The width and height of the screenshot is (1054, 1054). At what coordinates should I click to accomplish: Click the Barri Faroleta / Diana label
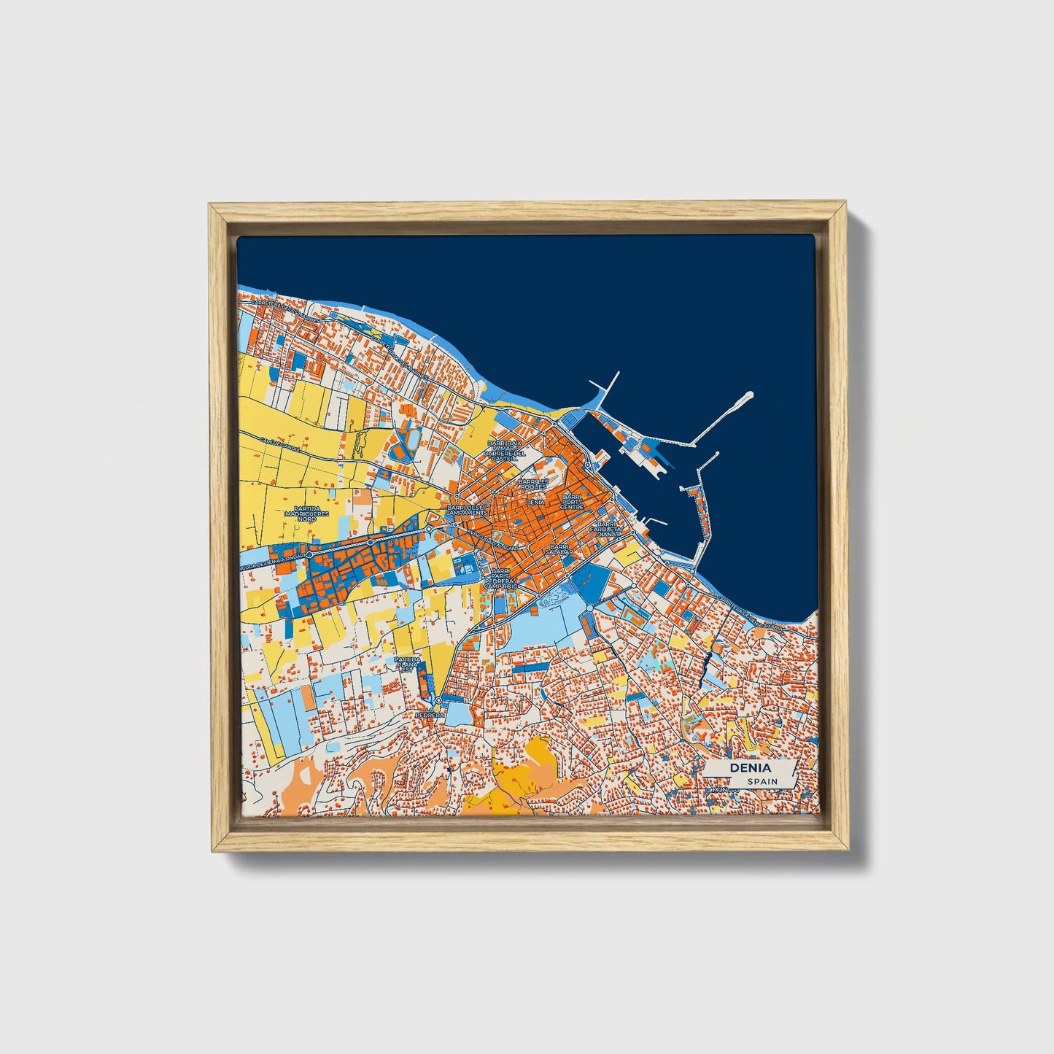coord(606,528)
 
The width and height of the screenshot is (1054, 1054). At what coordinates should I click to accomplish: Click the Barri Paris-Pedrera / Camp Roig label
coord(500,578)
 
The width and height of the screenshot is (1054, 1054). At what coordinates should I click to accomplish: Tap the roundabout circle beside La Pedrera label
coord(438,700)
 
